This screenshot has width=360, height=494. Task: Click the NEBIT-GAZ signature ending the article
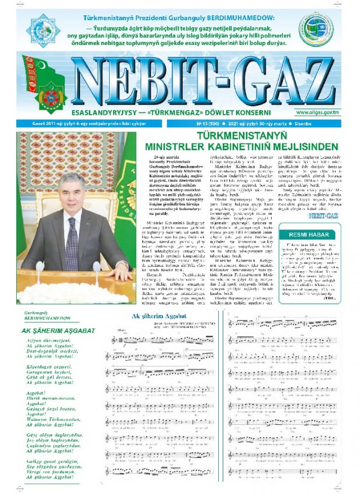pyautogui.click(x=323, y=215)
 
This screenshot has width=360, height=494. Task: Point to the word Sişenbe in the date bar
pyautogui.click(x=332, y=123)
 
